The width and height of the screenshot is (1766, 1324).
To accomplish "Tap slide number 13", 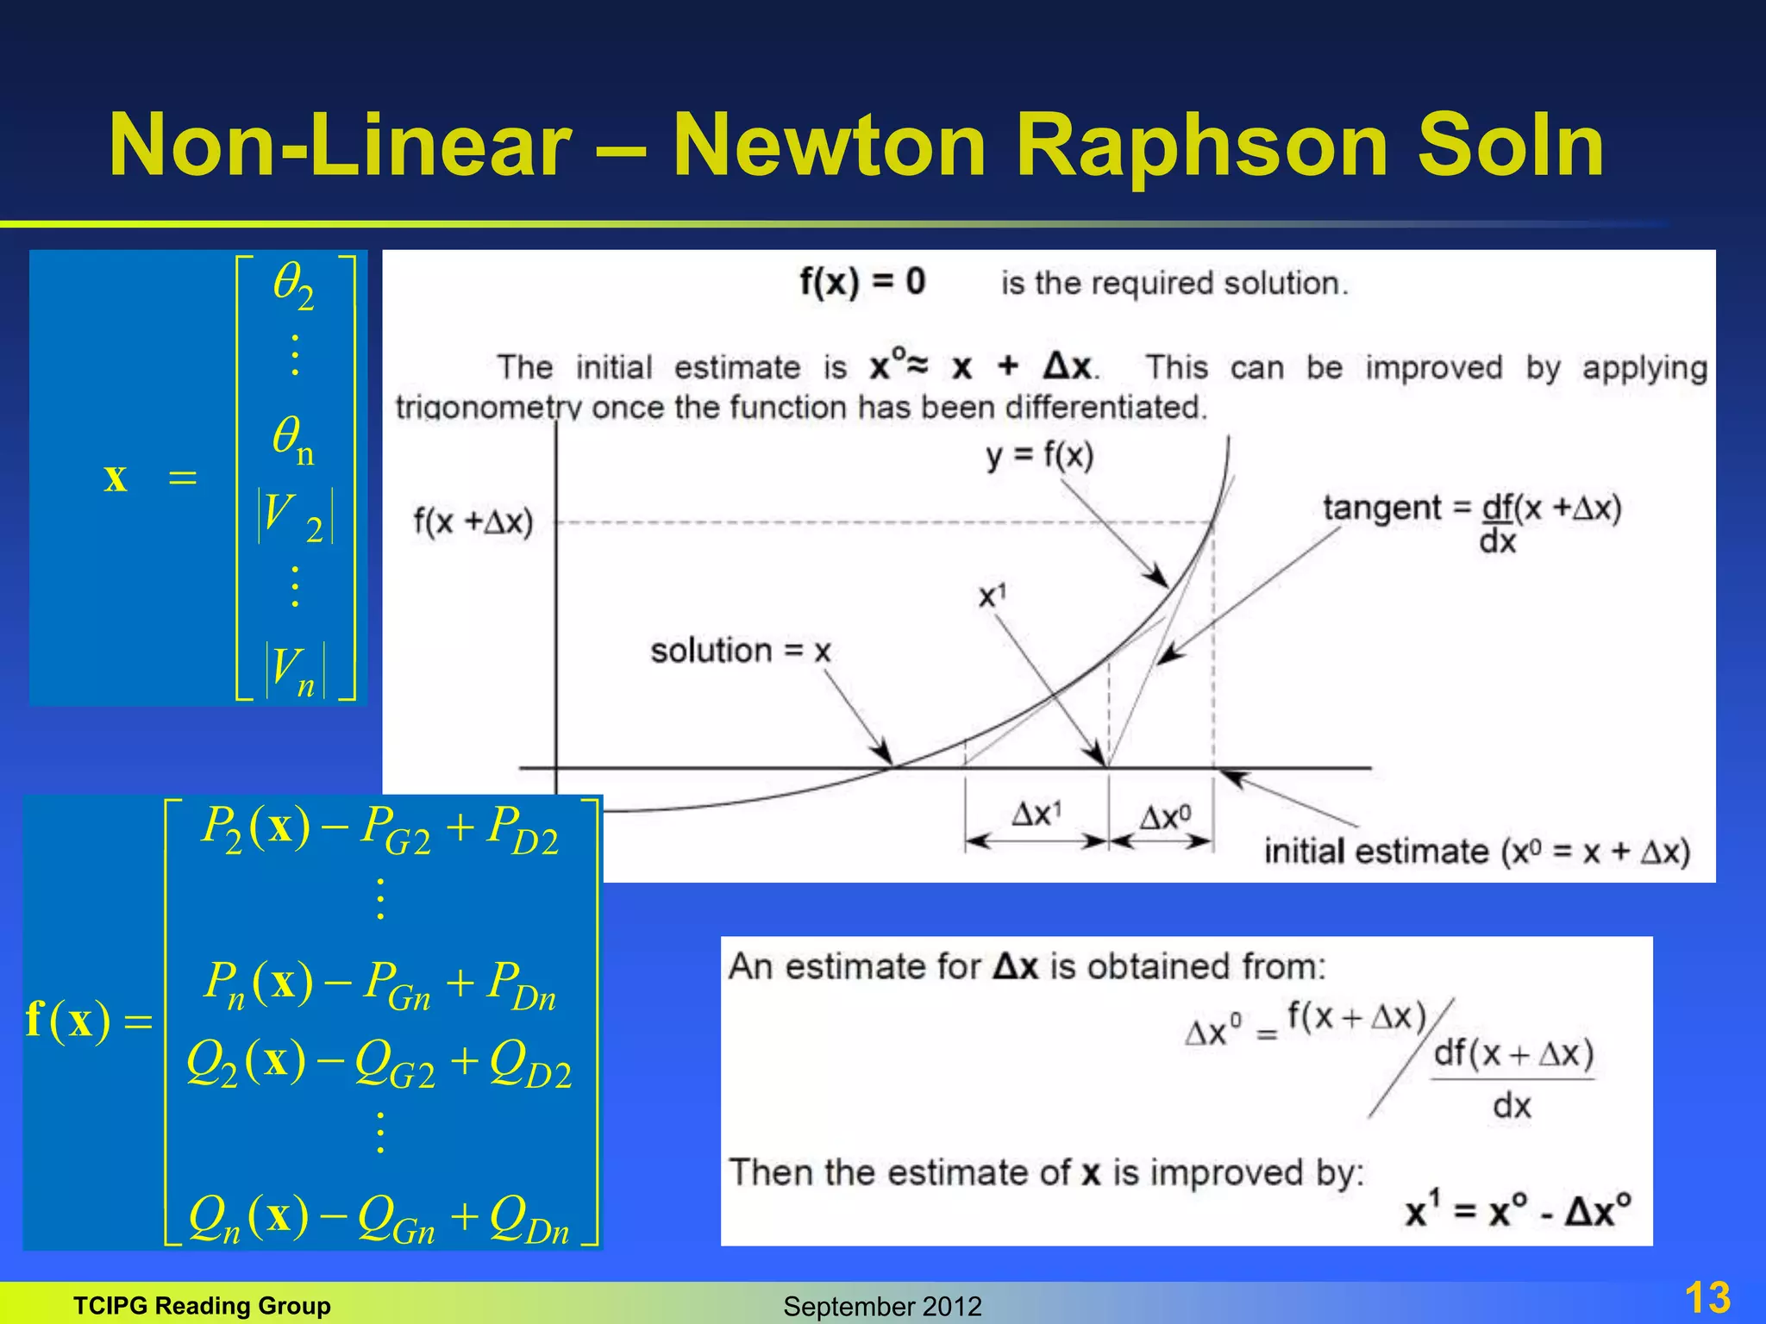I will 1707,1297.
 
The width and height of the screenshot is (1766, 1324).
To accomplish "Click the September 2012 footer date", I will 882,1306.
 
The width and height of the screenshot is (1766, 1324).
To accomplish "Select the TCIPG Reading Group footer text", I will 202,1306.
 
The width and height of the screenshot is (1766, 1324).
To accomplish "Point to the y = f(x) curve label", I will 1040,455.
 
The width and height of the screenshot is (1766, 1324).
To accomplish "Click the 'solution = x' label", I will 740,651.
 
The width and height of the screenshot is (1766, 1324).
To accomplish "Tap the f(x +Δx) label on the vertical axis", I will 473,521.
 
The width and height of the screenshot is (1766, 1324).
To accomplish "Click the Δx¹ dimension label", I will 1036,814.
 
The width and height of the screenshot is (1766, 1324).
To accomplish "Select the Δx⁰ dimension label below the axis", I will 1164,816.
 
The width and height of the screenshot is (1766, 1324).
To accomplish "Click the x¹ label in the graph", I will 993,596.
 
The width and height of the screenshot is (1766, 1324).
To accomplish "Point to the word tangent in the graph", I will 1381,508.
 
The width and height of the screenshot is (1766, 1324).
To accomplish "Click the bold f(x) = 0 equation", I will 861,282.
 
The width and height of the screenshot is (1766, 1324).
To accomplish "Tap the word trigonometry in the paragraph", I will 489,407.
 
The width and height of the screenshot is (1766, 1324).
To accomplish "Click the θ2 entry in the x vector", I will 294,285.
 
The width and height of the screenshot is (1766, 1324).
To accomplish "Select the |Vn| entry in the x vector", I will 295,671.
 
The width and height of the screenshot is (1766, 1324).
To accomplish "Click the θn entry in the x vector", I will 293,440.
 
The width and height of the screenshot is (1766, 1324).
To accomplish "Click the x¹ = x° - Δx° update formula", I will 1517,1210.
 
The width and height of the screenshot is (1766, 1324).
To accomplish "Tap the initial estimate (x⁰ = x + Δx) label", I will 1476,852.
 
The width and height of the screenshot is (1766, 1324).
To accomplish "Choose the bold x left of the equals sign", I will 116,477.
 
